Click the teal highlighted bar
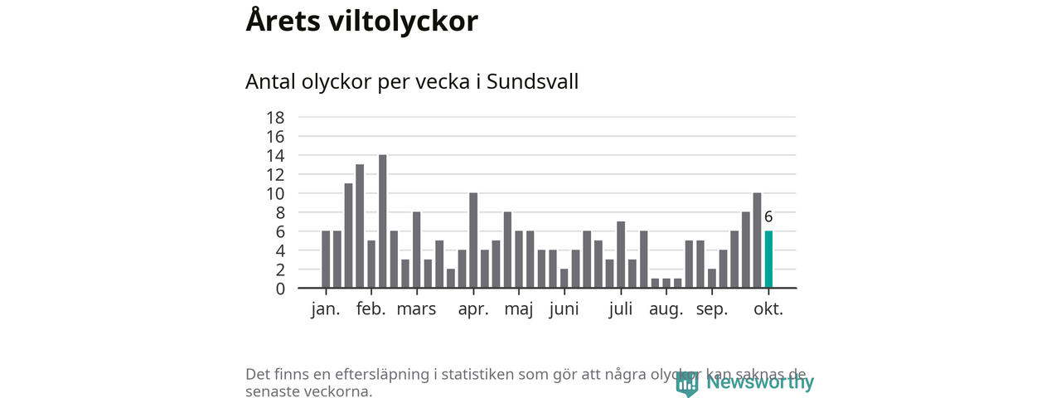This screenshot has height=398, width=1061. click(768, 260)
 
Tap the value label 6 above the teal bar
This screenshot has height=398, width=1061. click(768, 217)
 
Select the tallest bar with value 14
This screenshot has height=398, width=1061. click(382, 221)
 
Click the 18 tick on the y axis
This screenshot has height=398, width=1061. click(275, 117)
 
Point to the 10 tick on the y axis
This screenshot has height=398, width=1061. click(275, 193)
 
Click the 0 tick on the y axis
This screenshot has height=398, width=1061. click(280, 289)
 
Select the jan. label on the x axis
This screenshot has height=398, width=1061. click(326, 310)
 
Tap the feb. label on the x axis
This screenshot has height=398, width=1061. click(371, 310)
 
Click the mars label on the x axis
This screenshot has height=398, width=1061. click(416, 310)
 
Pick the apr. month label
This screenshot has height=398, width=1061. click(473, 310)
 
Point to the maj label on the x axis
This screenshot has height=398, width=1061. click(519, 311)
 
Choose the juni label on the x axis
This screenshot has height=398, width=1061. click(564, 311)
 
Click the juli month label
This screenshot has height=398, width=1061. click(621, 310)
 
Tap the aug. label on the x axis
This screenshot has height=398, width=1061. click(666, 311)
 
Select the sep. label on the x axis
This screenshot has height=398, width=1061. click(711, 311)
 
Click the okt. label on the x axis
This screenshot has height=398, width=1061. click(768, 310)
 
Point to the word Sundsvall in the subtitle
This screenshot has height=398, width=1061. click(532, 82)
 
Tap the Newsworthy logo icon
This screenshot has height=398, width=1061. click(687, 383)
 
